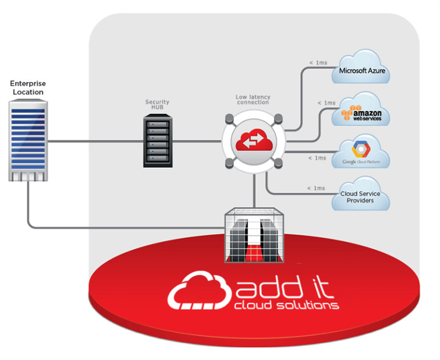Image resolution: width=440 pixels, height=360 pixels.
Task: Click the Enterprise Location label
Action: [27, 88]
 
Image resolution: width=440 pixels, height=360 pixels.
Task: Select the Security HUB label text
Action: [156, 105]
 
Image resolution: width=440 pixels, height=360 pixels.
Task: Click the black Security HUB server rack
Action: [156, 140]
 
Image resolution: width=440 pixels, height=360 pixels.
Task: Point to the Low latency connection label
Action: [253, 100]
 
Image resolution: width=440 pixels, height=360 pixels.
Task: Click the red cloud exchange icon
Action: [253, 140]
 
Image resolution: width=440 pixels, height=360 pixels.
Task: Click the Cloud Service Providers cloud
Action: [360, 197]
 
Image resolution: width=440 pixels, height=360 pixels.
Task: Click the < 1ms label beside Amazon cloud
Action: [326, 103]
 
